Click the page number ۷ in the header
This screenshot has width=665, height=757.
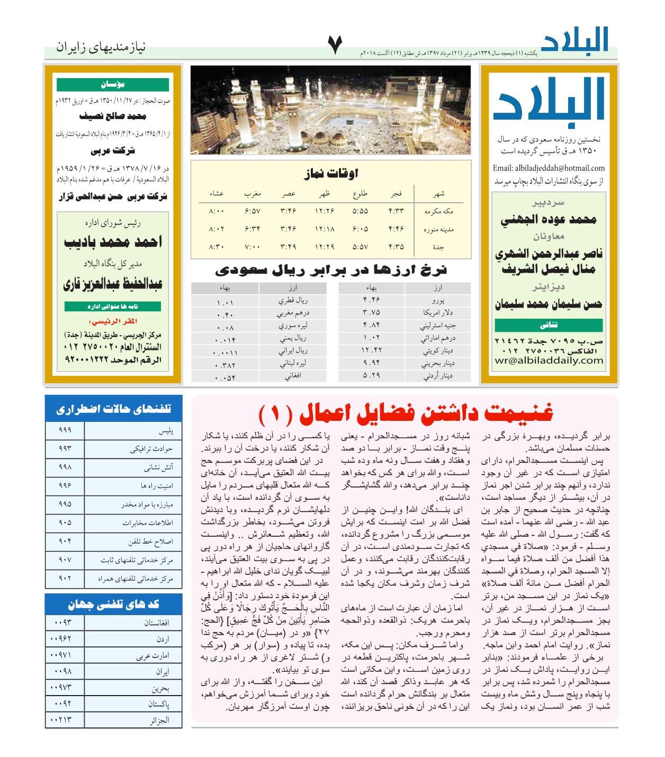(x=336, y=46)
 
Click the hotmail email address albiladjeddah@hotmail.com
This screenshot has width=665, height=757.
(x=549, y=168)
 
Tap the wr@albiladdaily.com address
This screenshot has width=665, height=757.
(x=549, y=361)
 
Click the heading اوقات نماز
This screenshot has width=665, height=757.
(x=331, y=173)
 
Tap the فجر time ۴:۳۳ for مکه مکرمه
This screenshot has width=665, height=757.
(x=396, y=211)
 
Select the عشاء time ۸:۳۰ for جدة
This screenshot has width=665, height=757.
(x=217, y=246)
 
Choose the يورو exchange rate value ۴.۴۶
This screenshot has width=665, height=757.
(x=371, y=301)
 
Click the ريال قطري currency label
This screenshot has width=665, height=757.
(x=293, y=301)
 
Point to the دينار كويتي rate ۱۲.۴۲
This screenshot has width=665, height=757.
(x=371, y=350)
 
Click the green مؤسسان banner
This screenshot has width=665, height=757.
(x=113, y=84)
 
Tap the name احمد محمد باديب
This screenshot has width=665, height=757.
(x=113, y=242)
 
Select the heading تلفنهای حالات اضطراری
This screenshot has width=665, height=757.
(x=113, y=409)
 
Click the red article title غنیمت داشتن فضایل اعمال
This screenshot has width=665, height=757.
(x=405, y=413)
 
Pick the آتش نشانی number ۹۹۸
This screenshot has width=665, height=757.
(x=65, y=467)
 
